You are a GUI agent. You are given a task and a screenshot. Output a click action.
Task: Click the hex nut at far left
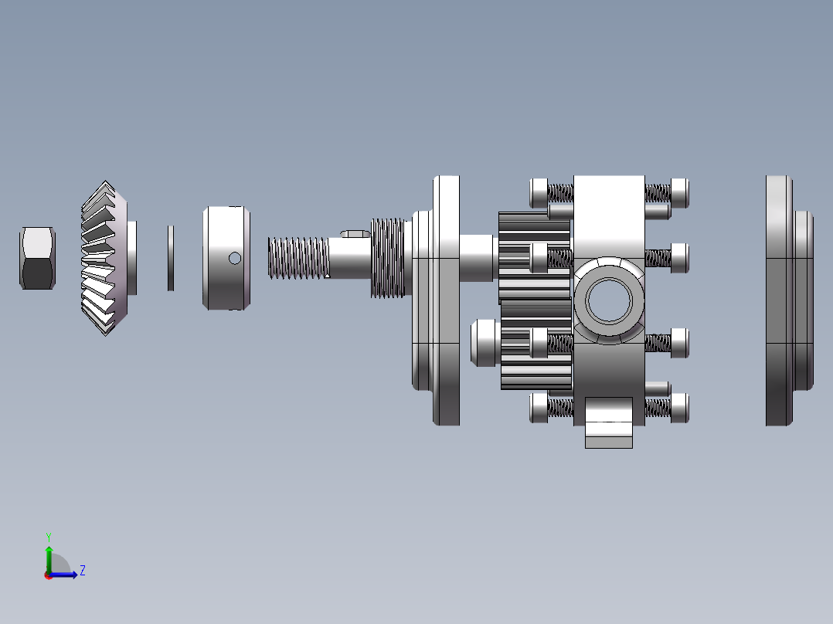pyautogui.click(x=37, y=258)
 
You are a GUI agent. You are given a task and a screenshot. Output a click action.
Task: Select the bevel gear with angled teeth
pyautogui.click(x=103, y=259)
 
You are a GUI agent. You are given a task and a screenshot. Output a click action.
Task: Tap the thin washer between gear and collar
pyautogui.click(x=171, y=258)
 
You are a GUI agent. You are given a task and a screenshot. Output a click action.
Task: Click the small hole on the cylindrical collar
pyautogui.click(x=235, y=258)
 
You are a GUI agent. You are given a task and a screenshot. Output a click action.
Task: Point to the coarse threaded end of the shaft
pyautogui.click(x=297, y=258)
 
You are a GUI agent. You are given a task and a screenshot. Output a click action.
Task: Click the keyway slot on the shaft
pyautogui.click(x=355, y=232)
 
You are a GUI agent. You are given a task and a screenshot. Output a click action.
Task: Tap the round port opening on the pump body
pyautogui.click(x=609, y=300)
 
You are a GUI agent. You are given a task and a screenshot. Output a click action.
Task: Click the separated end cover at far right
pyautogui.click(x=784, y=300)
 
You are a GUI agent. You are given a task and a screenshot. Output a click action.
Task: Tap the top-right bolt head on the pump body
pyautogui.click(x=680, y=192)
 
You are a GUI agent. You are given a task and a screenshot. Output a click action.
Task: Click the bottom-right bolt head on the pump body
pyautogui.click(x=680, y=408)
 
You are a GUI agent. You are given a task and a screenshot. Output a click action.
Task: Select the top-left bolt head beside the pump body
pyautogui.click(x=538, y=192)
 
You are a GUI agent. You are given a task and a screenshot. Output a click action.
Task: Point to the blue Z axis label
pyautogui.click(x=82, y=571)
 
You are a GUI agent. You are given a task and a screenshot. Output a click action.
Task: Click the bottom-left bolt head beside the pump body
pyautogui.click(x=538, y=408)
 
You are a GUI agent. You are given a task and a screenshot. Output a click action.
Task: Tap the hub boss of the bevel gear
pyautogui.click(x=132, y=258)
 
